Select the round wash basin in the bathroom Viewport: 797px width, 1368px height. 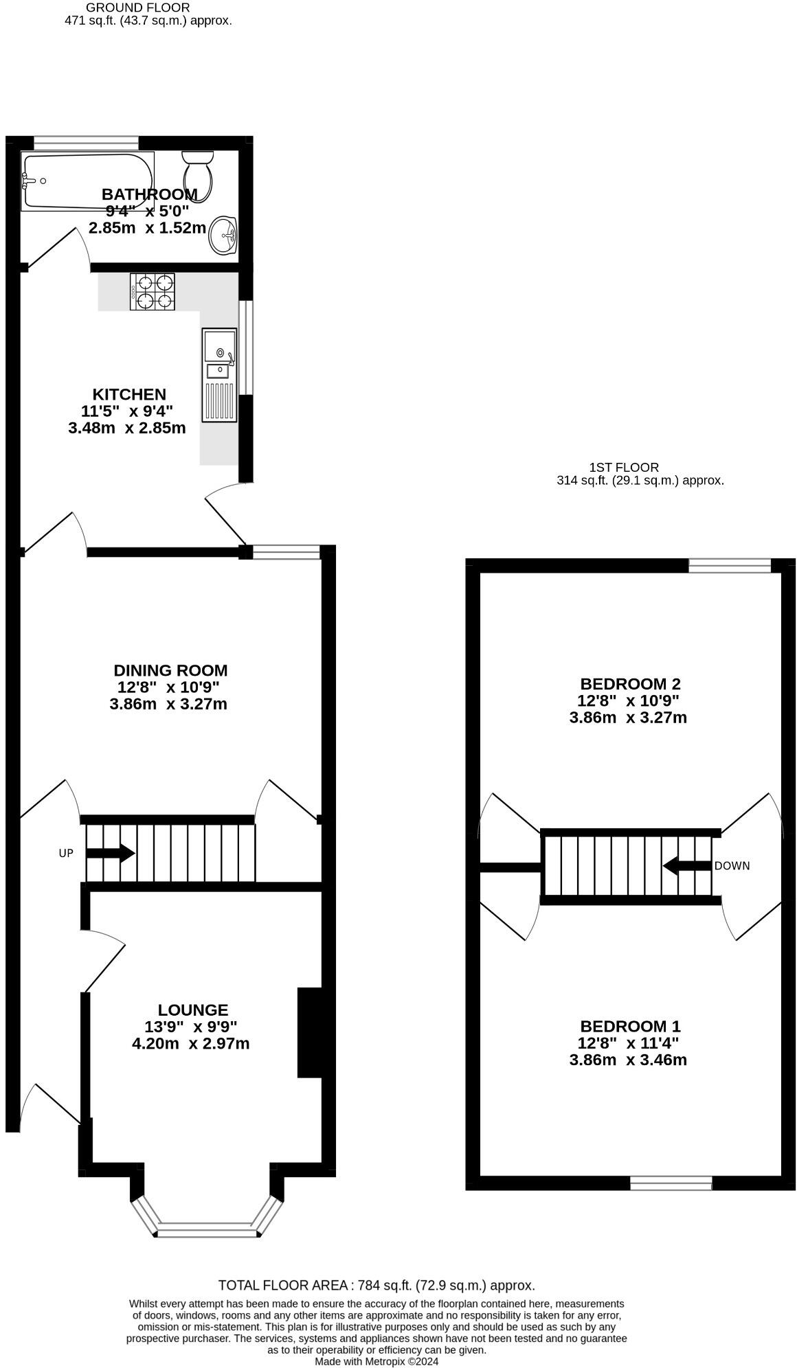pos(223,236)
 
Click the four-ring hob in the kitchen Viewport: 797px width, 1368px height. pos(151,291)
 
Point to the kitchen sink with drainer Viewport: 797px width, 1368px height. pos(219,374)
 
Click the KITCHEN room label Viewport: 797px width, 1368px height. pos(129,394)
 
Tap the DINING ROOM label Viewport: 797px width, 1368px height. pos(170,670)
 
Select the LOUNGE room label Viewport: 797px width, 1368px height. pos(192,1010)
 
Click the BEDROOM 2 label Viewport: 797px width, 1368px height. pos(630,684)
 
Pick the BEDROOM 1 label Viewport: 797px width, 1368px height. pos(630,1027)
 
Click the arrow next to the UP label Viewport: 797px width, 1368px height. pos(110,854)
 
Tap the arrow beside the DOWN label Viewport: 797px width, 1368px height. pos(686,866)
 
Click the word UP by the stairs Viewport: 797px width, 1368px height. pos(66,854)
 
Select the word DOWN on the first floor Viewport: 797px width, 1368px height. pos(732,866)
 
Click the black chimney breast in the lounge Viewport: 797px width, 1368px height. pos(310,1033)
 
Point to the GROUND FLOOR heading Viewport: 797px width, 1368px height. pos(137,8)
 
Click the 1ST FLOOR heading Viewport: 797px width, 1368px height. pos(624,468)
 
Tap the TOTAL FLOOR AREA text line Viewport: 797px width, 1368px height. pos(377,1286)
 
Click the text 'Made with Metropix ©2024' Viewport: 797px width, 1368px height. pos(377,1361)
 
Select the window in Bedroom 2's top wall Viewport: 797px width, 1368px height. pos(730,565)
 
